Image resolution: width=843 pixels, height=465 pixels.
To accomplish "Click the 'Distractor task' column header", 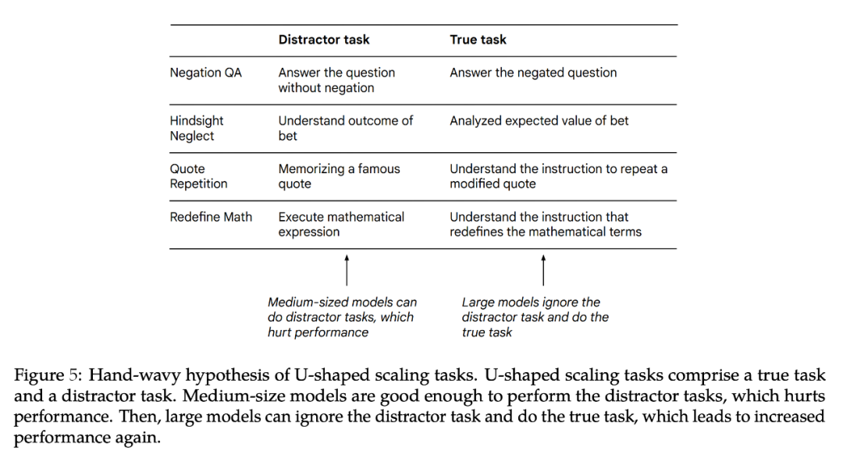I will [x=324, y=40].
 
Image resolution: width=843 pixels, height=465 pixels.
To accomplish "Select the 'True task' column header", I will [x=478, y=40].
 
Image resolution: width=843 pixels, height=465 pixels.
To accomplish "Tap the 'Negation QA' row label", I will [x=206, y=73].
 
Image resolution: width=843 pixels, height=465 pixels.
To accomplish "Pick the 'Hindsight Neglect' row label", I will [x=197, y=128].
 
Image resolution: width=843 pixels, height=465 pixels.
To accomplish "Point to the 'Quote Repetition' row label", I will [x=198, y=176].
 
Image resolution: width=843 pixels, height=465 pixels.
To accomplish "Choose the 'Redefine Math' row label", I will [x=211, y=217].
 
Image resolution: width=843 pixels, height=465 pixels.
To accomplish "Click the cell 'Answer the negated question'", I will [x=533, y=73].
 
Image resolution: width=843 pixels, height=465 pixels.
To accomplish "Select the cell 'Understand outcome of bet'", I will [x=346, y=128].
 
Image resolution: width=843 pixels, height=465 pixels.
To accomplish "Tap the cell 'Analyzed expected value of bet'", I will [x=539, y=121].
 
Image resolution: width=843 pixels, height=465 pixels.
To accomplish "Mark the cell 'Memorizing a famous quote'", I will [x=339, y=176].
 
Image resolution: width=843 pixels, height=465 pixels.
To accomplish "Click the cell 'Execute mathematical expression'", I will [x=341, y=224].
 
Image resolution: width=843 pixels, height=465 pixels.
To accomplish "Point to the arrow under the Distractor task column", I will [x=347, y=269].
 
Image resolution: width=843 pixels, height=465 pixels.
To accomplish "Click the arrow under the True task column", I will [x=543, y=269].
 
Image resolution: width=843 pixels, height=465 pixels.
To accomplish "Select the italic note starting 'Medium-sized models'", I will [x=342, y=317].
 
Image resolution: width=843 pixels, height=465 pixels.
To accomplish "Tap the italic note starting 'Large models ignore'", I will [x=535, y=317].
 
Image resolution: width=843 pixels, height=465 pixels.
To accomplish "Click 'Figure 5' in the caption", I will [x=45, y=374].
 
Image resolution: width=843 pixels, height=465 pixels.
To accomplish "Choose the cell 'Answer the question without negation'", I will [x=336, y=80].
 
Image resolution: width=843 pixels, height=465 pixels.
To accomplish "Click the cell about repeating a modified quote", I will [x=558, y=176].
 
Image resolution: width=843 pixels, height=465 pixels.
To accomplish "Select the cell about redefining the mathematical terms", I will [x=545, y=224].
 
